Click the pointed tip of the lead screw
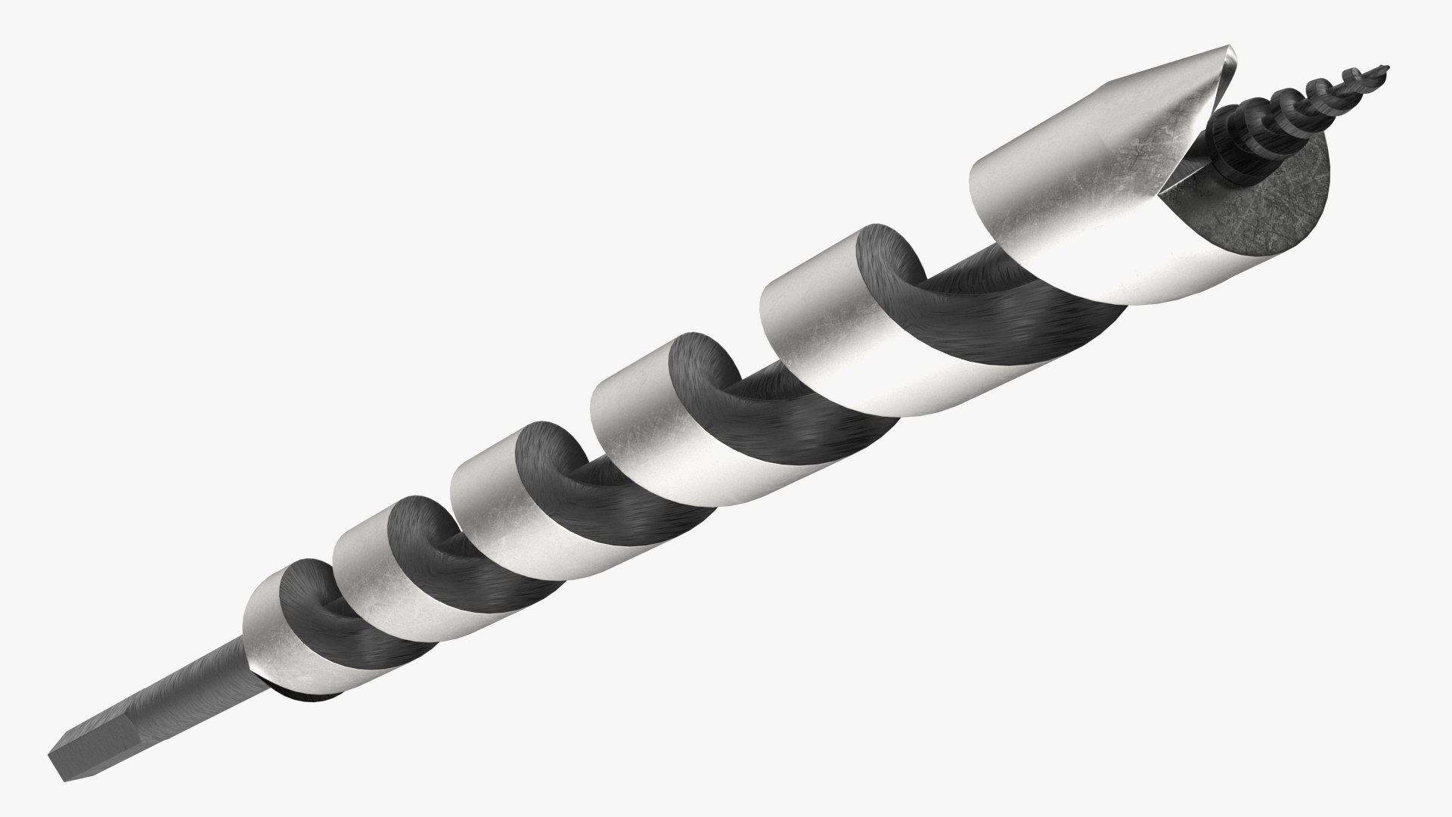click(1390, 69)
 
